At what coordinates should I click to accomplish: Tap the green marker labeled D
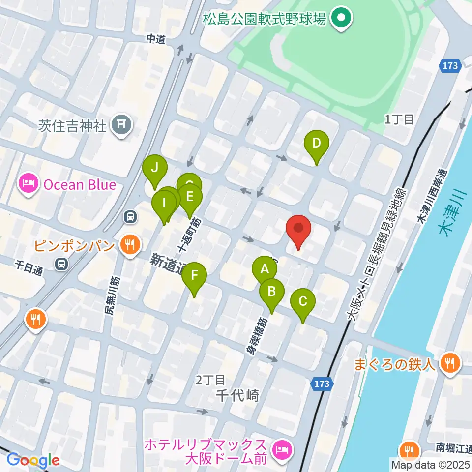click(x=316, y=144)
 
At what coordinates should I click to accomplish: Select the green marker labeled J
click(x=154, y=169)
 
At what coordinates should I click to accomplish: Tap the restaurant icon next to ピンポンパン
click(x=130, y=244)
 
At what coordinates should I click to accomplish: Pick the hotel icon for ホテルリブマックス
click(x=282, y=449)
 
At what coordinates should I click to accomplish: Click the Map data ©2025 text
click(x=430, y=464)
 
